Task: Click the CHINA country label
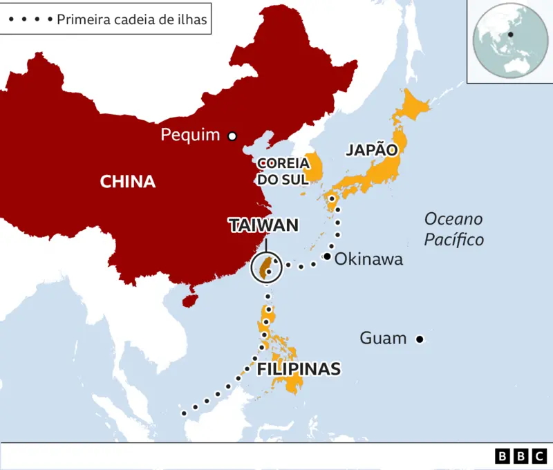128,182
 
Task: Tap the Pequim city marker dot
232,136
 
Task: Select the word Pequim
190,135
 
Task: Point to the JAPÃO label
373,150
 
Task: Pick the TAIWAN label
263,225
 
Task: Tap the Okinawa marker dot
327,257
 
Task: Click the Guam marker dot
419,339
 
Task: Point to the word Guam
383,338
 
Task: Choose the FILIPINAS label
299,368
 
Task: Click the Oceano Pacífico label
453,229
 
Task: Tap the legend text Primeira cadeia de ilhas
131,19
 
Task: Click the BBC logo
521,456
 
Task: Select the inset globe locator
510,42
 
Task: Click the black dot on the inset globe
510,35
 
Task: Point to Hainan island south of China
186,301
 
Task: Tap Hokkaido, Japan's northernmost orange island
413,105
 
